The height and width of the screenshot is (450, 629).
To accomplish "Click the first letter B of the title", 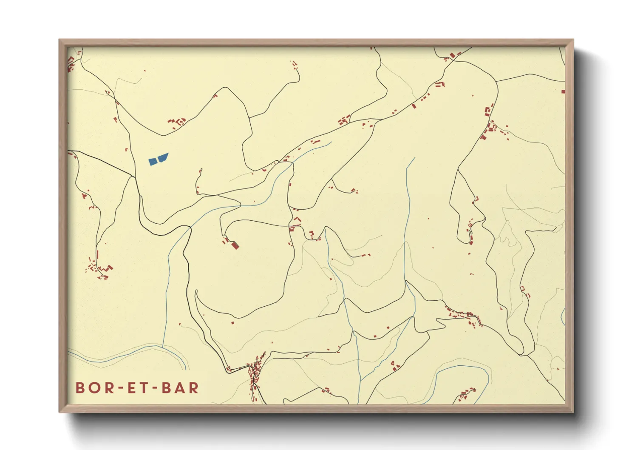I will (x=80, y=388).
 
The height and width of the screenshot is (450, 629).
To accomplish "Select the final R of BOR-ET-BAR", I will (x=194, y=388).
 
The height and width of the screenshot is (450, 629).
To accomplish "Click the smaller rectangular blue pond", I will (x=153, y=162).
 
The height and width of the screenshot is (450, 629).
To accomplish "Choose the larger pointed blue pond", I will (x=162, y=158).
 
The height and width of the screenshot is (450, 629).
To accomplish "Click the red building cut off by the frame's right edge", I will (x=563, y=91).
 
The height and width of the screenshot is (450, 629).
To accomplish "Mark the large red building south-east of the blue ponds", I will (x=235, y=245).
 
